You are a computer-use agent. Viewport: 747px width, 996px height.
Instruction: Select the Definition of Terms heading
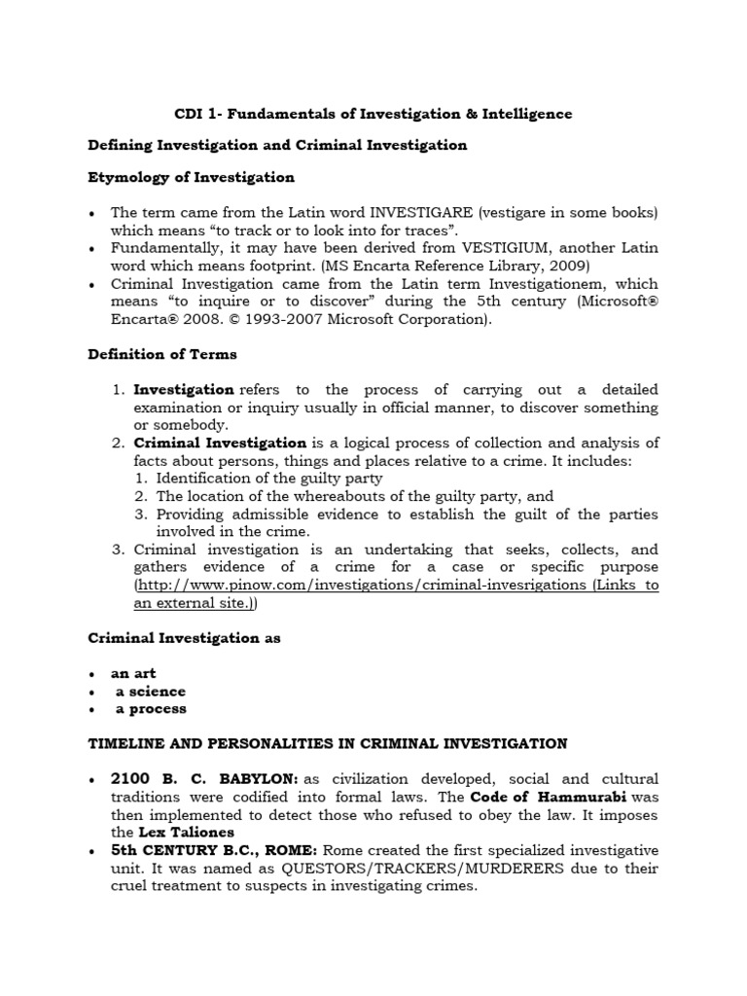(161, 354)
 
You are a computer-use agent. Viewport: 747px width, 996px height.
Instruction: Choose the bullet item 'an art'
(134, 673)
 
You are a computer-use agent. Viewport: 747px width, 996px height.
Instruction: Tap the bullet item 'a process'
(151, 709)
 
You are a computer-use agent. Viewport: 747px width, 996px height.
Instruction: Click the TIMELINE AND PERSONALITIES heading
(328, 744)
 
